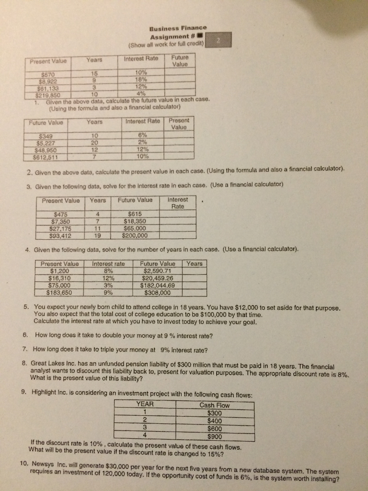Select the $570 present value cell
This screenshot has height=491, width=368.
48,75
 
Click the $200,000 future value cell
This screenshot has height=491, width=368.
135,235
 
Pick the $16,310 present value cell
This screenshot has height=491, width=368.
60,278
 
